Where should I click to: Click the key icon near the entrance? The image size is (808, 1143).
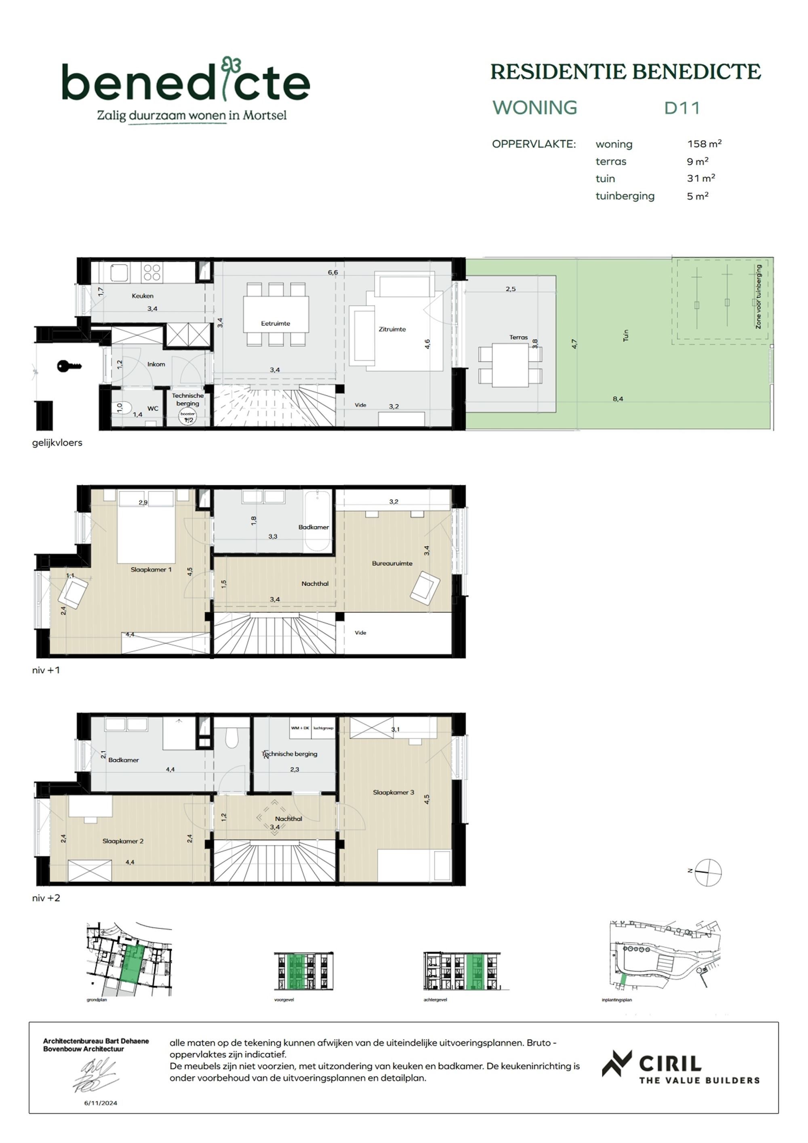(69, 366)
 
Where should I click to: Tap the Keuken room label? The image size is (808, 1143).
(142, 296)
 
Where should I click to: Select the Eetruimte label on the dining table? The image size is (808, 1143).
(275, 323)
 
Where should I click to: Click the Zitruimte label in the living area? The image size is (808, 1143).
(392, 329)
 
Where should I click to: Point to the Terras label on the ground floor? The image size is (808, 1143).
(518, 337)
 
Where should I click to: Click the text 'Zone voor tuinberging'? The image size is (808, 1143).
(758, 296)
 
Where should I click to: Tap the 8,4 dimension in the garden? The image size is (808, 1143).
(617, 399)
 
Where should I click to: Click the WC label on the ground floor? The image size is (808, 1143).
(153, 408)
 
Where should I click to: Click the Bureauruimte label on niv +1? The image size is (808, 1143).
(392, 564)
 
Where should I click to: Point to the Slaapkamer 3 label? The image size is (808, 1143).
(393, 792)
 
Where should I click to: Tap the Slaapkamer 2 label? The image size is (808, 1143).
(123, 841)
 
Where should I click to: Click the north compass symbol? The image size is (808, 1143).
(707, 872)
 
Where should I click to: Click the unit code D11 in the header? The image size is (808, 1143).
(682, 108)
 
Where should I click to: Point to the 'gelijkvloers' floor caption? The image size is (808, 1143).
(57, 443)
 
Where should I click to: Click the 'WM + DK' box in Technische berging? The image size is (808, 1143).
(300, 728)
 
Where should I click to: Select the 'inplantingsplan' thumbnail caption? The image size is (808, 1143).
(617, 999)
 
